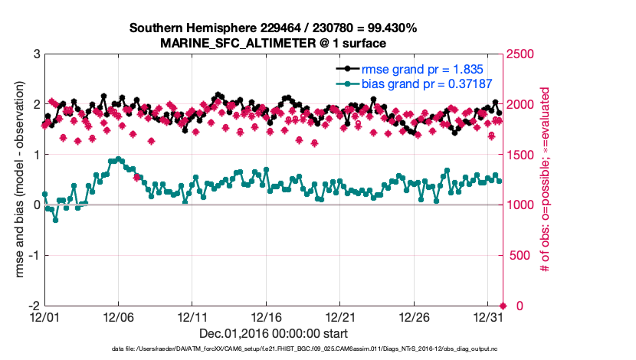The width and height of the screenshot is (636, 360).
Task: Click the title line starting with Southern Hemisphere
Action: click(x=273, y=28)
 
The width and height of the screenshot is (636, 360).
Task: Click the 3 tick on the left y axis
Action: click(x=36, y=54)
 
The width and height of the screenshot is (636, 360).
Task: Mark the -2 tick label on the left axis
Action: click(x=34, y=306)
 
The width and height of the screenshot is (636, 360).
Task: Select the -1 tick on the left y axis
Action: click(x=34, y=255)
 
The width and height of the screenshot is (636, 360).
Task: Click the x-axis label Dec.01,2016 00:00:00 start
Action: click(x=274, y=333)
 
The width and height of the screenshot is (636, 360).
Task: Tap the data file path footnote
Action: click(x=274, y=349)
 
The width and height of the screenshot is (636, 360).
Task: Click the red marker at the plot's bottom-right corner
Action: click(x=503, y=306)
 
